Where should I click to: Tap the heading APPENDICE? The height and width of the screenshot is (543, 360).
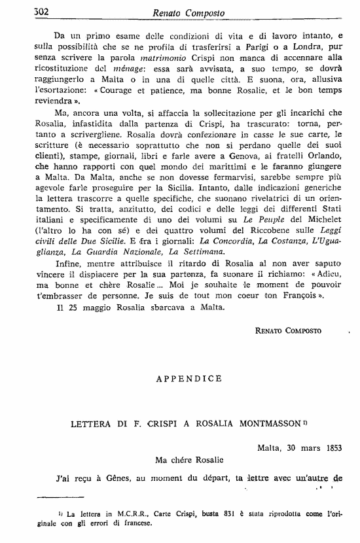point(180,378)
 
